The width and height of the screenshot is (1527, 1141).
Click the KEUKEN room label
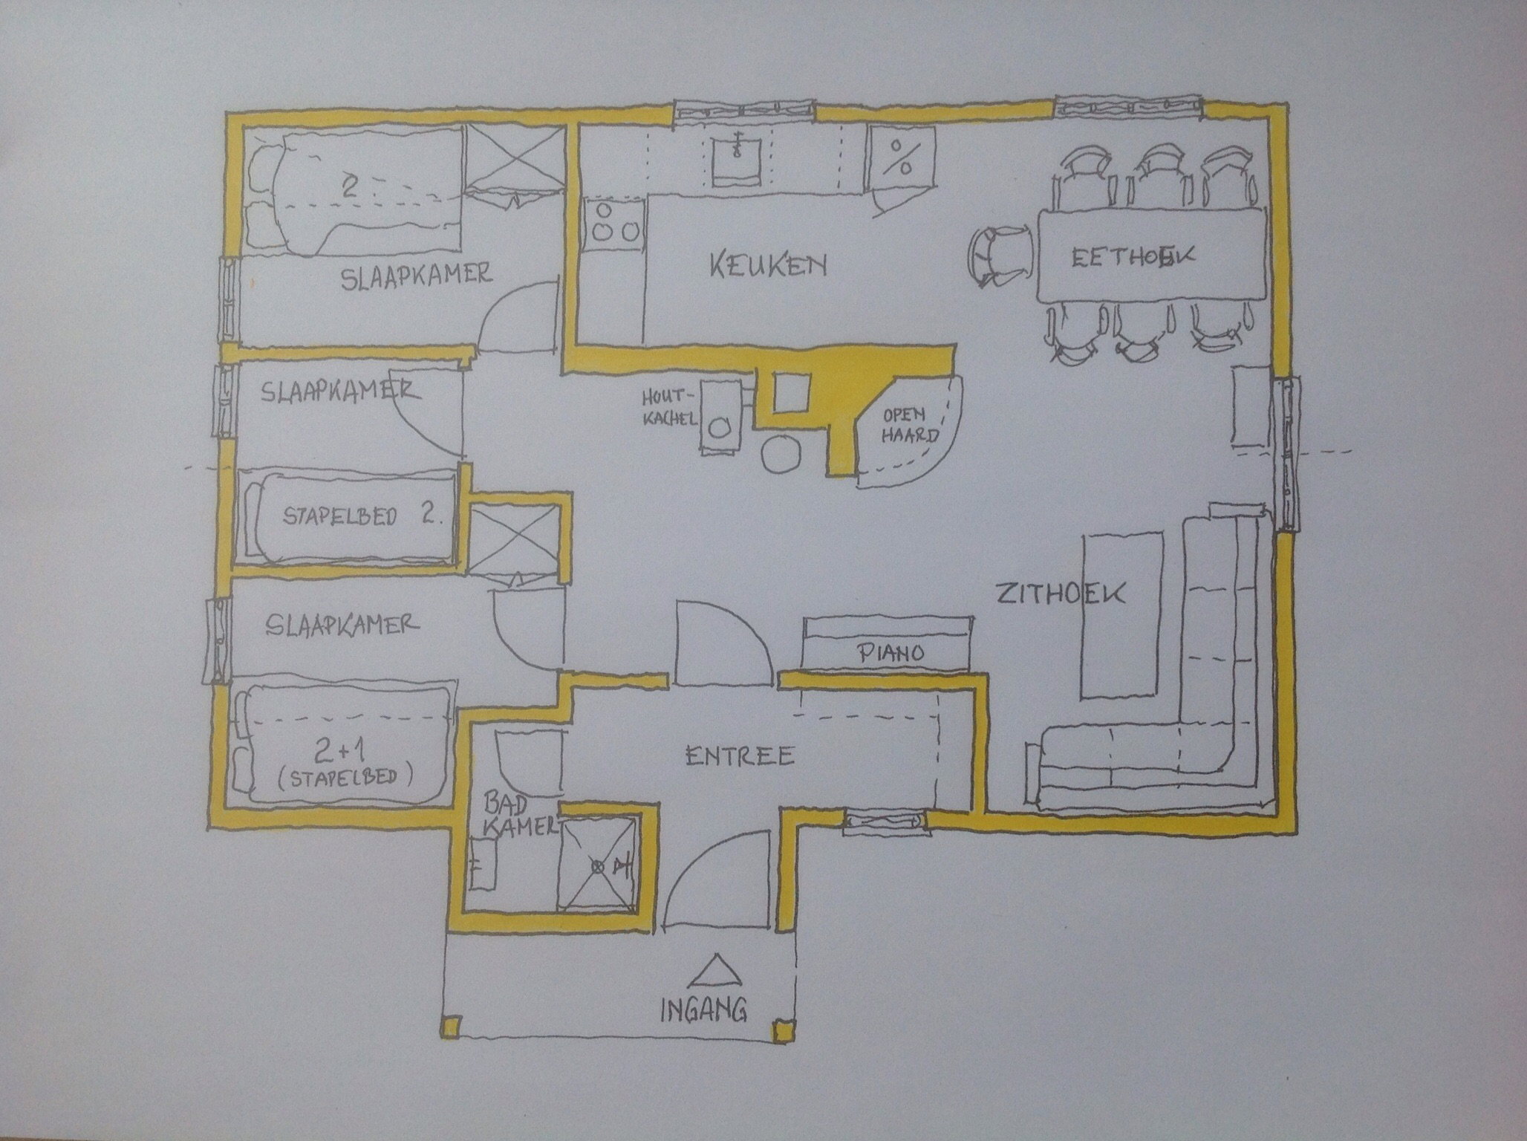point(767,264)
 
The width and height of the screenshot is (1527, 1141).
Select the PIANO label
point(891,653)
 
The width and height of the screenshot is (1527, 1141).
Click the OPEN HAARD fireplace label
point(908,424)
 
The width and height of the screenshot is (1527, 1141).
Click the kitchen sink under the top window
point(737,159)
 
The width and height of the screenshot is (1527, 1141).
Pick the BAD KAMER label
point(518,813)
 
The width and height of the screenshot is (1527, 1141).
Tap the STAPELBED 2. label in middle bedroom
point(362,516)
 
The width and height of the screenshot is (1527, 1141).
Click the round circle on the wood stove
point(719,428)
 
